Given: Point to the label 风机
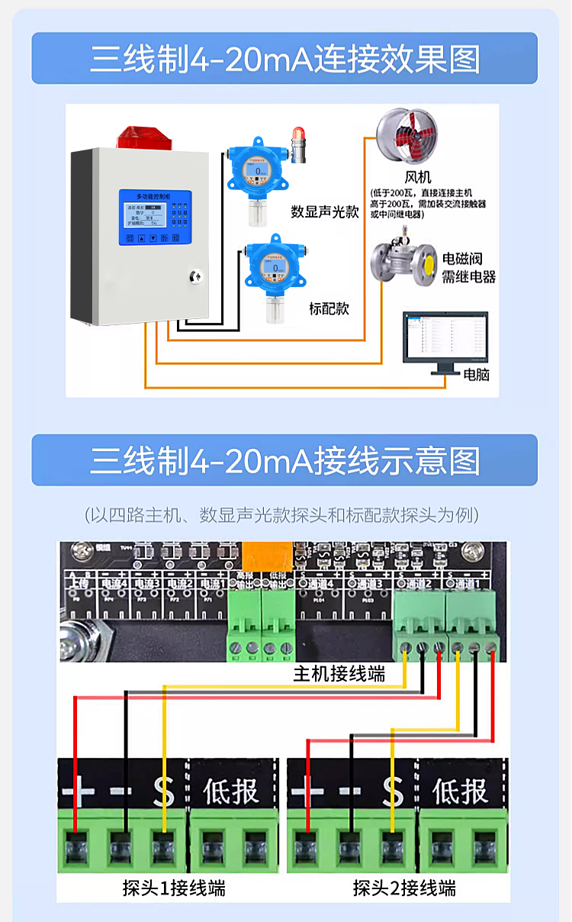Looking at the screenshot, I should [x=418, y=178].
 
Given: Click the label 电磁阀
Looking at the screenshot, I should [x=462, y=259].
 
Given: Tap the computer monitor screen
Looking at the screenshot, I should [x=445, y=336].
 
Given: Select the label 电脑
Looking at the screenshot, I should [x=477, y=375].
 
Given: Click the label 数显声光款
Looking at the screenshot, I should [x=324, y=212].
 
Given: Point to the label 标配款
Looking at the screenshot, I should [x=329, y=309].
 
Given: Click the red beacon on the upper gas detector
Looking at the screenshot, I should [x=297, y=140].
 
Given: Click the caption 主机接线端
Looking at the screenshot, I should [x=339, y=674].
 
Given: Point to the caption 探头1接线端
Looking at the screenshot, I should [x=174, y=888].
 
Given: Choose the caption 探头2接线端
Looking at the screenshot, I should [x=404, y=888].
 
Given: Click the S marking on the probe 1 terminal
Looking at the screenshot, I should [x=163, y=792].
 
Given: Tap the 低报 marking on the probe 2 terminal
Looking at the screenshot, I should [x=460, y=792].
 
